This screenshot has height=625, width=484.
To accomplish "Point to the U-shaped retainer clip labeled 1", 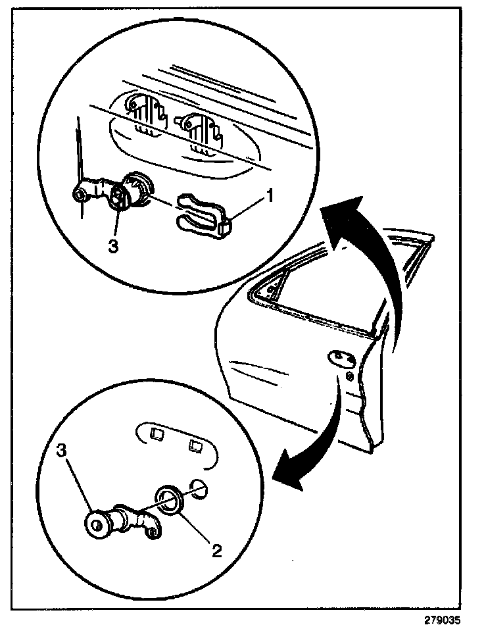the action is tap(200, 213).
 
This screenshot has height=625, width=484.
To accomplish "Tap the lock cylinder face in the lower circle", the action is tap(99, 524).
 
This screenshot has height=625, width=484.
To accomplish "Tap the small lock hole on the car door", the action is tap(349, 377).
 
